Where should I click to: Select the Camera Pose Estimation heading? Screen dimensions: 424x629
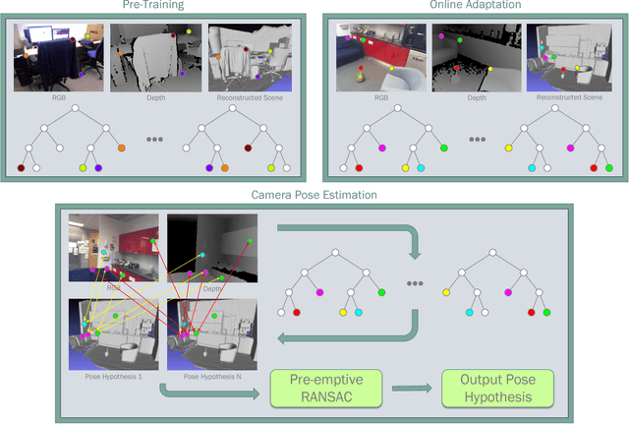tap(314, 195)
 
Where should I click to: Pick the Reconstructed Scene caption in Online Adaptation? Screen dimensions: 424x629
tap(565, 97)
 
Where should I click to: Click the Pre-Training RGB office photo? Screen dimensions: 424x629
tap(53, 58)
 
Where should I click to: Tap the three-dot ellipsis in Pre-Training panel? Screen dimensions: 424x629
tap(154, 140)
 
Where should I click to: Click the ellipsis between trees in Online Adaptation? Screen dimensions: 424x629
tap(477, 140)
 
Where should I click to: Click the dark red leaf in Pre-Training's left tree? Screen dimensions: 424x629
tap(21, 168)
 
